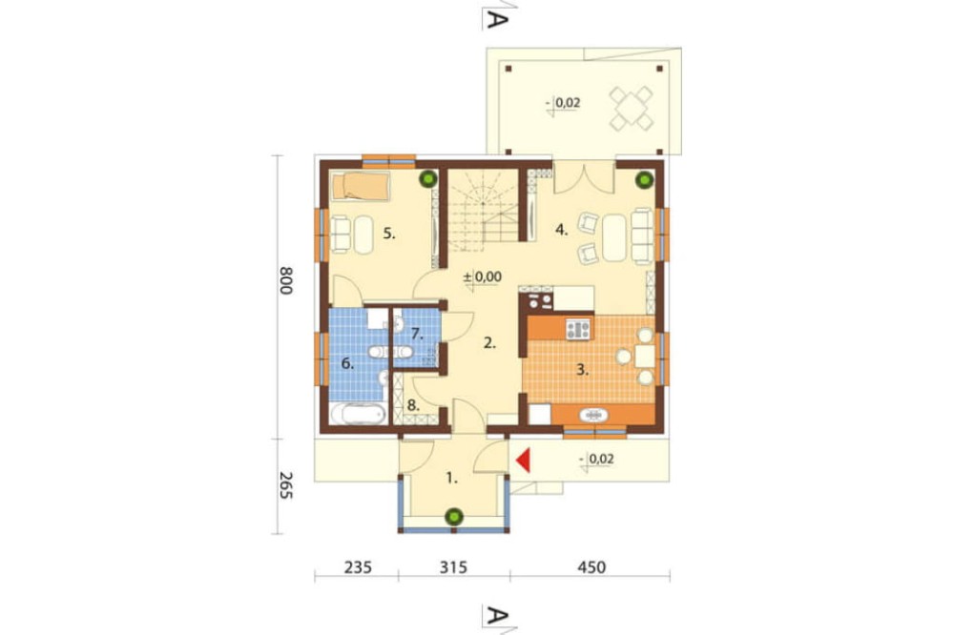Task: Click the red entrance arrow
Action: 525,460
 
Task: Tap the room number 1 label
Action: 451,479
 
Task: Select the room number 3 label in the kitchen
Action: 582,370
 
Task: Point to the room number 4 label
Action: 562,230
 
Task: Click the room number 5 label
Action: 389,234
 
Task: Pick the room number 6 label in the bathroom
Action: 347,364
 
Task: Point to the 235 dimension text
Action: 358,567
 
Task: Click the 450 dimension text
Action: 591,567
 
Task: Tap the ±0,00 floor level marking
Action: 483,277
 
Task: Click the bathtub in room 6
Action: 359,415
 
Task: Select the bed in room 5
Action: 360,186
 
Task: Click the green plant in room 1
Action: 452,517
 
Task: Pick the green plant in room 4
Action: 644,180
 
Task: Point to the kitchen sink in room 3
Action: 593,416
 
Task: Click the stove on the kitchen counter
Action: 578,329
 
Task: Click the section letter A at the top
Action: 496,19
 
